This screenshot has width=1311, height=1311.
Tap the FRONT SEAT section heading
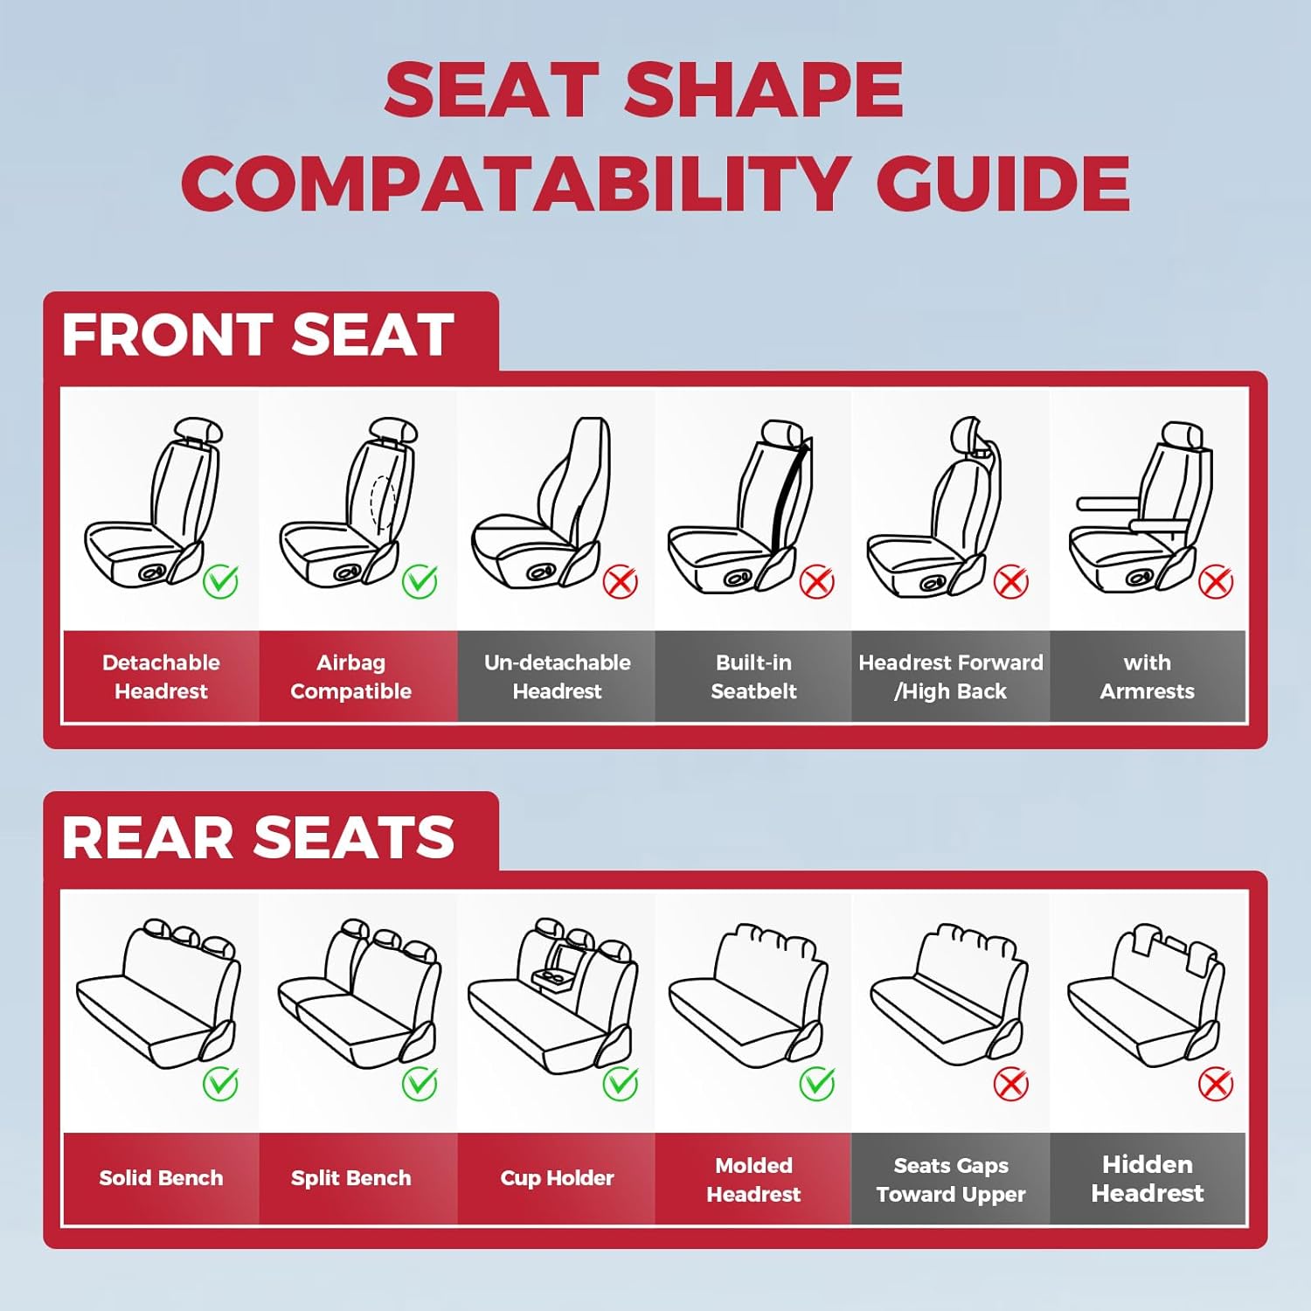click(x=258, y=336)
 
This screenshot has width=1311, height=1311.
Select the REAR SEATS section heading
click(x=258, y=837)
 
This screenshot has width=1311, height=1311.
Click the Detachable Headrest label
click(x=161, y=676)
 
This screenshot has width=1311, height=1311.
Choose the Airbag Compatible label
click(x=350, y=676)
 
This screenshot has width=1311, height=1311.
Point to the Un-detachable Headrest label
click(x=557, y=676)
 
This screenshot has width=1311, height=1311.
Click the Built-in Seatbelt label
click(x=753, y=676)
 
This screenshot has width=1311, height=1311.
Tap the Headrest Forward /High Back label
click(x=951, y=676)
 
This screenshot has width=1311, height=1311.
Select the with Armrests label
click(x=1147, y=676)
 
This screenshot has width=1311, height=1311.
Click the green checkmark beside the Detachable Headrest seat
click(x=220, y=581)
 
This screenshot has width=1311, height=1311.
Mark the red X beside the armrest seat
click(x=1215, y=581)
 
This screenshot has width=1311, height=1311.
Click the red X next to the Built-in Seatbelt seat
click(x=817, y=581)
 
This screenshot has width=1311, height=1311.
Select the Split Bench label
click(x=350, y=1178)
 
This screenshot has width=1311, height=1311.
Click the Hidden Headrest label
click(x=1147, y=1178)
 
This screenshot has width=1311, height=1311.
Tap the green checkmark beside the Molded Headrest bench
click(x=817, y=1085)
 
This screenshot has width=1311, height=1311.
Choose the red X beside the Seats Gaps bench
click(x=1011, y=1085)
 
